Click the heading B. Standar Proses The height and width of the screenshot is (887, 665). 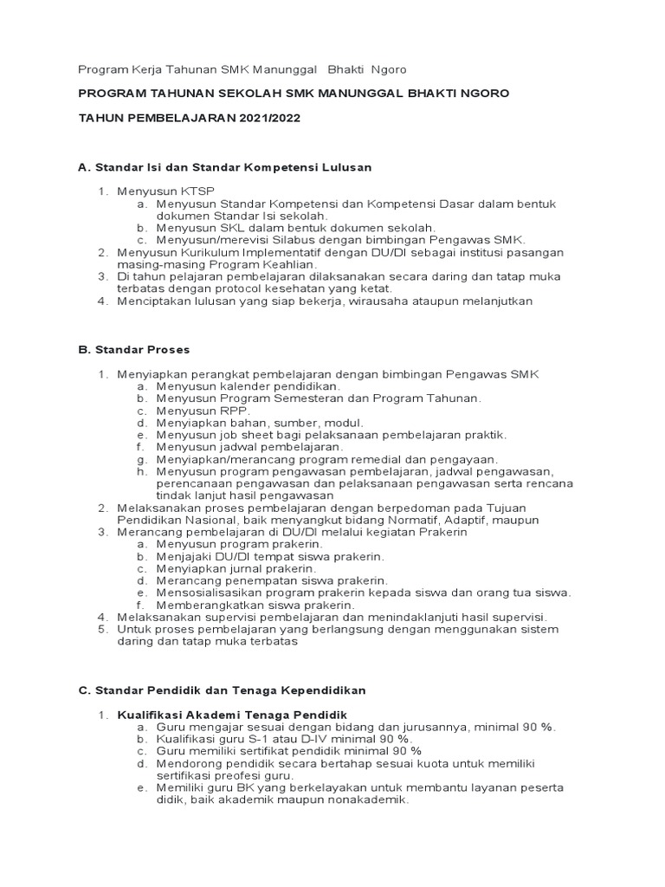pyautogui.click(x=134, y=350)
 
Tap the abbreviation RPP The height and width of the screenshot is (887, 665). pyautogui.click(x=221, y=410)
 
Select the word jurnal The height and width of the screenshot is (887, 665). pyautogui.click(x=245, y=568)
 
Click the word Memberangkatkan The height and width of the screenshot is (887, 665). pyautogui.click(x=212, y=604)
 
